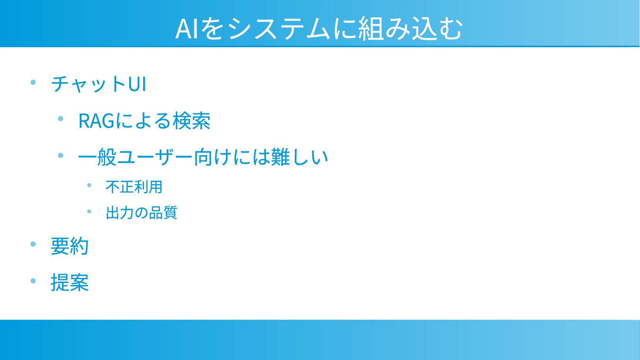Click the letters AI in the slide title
(x=187, y=29)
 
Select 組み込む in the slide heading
(x=409, y=29)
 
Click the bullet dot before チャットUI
(x=33, y=82)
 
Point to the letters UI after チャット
(x=137, y=84)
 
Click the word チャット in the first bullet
(x=89, y=84)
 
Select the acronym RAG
(x=96, y=121)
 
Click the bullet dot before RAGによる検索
(x=61, y=119)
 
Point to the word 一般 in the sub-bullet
(x=97, y=157)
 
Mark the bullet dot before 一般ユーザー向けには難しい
(x=61, y=156)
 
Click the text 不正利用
(x=134, y=187)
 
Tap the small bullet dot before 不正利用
(x=89, y=185)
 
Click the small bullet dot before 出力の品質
(x=89, y=212)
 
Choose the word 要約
(x=70, y=246)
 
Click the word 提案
(x=70, y=283)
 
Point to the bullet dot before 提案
(x=33, y=281)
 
